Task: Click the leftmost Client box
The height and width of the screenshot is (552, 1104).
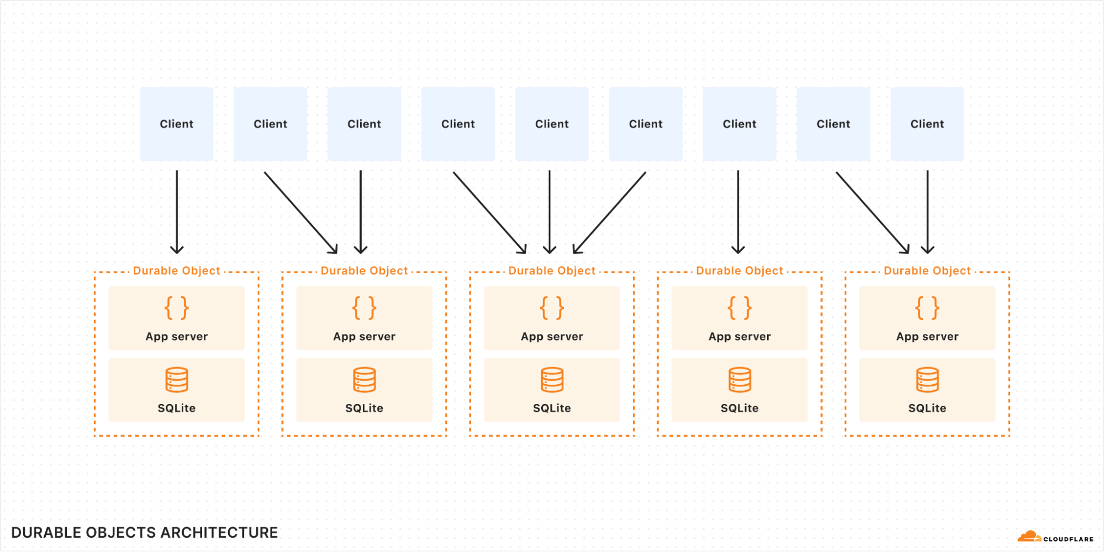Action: [177, 124]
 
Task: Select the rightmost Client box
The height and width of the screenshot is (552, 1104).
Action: [927, 124]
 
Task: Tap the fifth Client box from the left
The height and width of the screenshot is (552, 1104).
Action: [552, 124]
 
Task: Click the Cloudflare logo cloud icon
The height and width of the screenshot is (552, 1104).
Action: [1029, 537]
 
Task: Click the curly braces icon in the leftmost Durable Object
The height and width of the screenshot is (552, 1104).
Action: [177, 308]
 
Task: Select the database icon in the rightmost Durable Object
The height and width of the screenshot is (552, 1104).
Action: [927, 380]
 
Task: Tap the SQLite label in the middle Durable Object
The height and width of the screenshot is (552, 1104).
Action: [552, 408]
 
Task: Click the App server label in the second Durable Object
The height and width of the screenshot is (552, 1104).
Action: [365, 337]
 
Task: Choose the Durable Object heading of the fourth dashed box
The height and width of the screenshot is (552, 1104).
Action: [739, 271]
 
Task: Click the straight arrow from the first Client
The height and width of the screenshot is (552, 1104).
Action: [177, 213]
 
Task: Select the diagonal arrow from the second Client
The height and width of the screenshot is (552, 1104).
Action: [301, 213]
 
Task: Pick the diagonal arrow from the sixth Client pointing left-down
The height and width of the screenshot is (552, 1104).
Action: [609, 213]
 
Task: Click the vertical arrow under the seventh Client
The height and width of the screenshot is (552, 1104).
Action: [738, 213]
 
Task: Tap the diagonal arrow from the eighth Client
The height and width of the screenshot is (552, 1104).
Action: [873, 213]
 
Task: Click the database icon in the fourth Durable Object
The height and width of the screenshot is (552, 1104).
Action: [739, 380]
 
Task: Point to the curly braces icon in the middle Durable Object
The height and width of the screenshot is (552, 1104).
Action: [552, 308]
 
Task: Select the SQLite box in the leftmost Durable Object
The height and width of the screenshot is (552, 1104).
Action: [177, 390]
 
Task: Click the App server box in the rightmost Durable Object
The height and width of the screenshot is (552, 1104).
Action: [927, 318]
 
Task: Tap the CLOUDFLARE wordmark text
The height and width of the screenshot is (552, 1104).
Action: [1068, 539]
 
